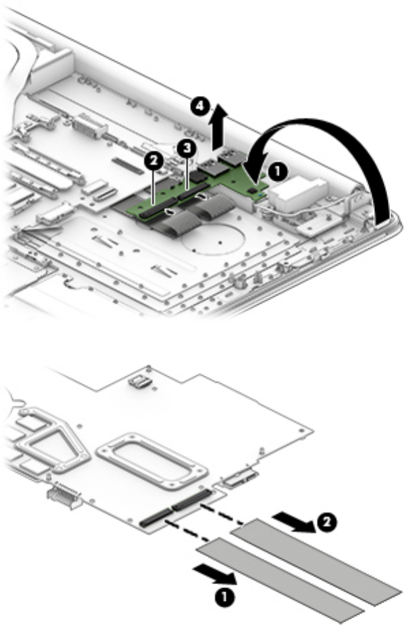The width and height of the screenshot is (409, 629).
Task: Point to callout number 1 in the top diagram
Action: [276, 171]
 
